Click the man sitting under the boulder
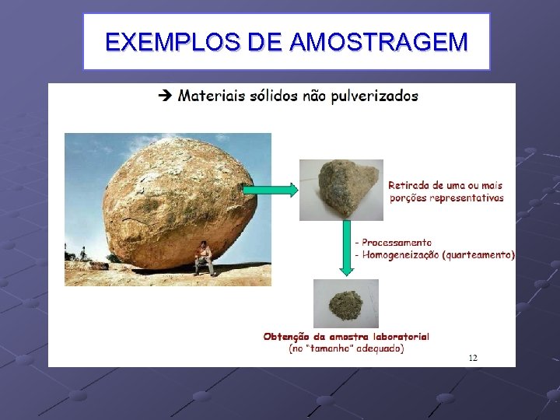pos(204,257)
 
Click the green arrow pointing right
pos(269,190)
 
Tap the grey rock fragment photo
pos(341,189)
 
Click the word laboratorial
pos(401,337)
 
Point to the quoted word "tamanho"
pos(331,349)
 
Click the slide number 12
pos(473,358)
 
